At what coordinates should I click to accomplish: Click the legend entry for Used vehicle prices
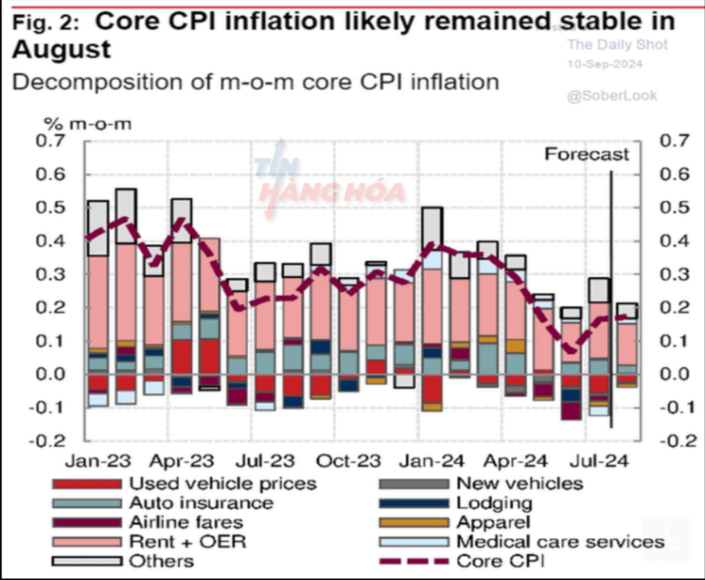(223, 484)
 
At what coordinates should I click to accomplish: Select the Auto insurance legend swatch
(87, 503)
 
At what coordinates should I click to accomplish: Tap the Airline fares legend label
(186, 522)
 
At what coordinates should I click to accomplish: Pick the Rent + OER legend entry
(188, 542)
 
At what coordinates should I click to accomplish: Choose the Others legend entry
(161, 561)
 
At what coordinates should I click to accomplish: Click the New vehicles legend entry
(520, 484)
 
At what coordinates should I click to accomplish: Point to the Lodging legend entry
(494, 503)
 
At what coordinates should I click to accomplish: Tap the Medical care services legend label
(560, 542)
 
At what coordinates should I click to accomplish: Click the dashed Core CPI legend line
(414, 561)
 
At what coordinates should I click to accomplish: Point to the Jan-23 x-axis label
(98, 461)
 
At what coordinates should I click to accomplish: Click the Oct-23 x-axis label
(348, 461)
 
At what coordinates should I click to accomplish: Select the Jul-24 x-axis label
(599, 461)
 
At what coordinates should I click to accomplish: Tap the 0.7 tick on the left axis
(50, 141)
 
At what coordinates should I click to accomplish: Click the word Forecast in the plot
(586, 154)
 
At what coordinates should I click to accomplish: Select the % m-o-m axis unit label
(87, 124)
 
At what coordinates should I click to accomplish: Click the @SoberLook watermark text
(612, 96)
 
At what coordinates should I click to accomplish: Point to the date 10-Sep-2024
(605, 64)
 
